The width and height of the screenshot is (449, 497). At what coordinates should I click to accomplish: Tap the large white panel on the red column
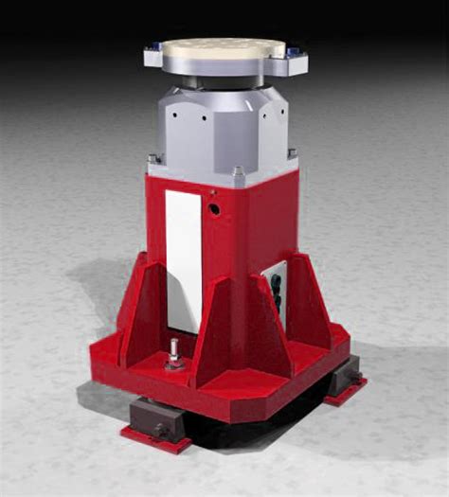[x=183, y=259]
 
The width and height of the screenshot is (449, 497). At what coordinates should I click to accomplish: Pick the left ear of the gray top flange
[x=156, y=58]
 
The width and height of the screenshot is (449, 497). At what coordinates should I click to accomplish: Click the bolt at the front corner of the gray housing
[x=238, y=173]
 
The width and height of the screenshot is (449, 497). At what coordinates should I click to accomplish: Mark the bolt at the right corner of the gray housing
[x=293, y=153]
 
